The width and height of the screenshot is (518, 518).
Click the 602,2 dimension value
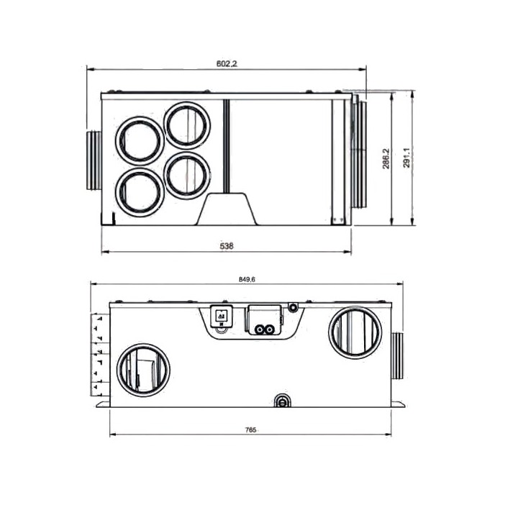coord(227,63)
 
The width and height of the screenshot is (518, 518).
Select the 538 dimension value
coord(227,246)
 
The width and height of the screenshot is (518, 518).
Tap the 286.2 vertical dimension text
coord(386,158)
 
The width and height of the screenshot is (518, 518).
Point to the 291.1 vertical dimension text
coord(406,158)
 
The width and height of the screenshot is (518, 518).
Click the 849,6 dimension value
coord(247,279)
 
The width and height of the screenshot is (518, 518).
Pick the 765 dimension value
coord(251,430)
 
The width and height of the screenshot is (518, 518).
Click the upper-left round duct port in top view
coord(140,141)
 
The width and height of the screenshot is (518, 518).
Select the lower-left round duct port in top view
coord(140,193)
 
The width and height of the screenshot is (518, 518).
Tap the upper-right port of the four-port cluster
coord(187,125)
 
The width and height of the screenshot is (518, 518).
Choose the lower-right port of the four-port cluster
coord(187,176)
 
